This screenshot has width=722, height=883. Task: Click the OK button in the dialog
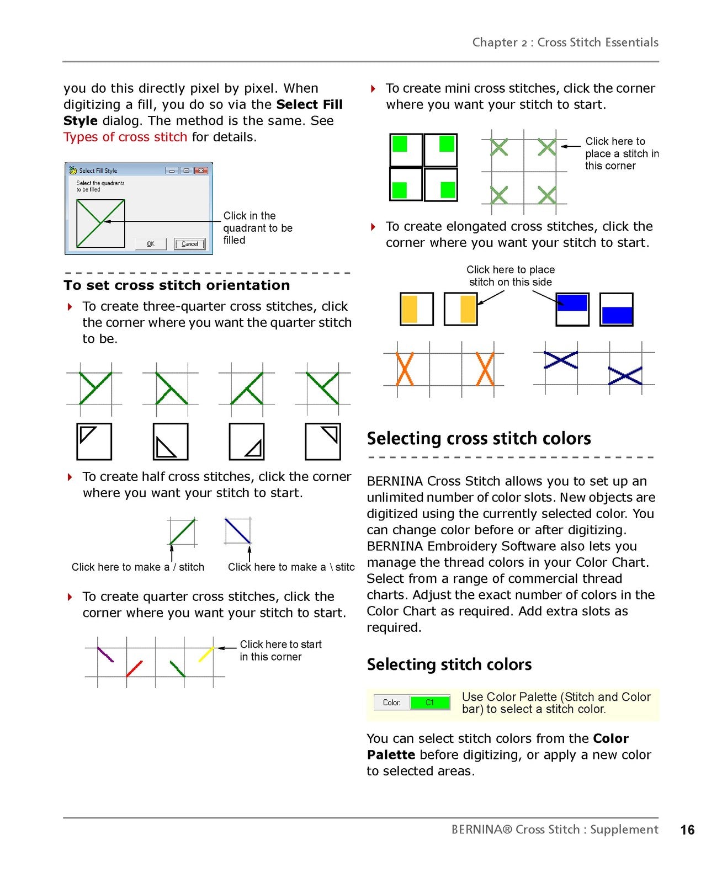[x=150, y=244]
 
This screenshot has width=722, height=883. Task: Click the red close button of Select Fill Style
[x=201, y=171]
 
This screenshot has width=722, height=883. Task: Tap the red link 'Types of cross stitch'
[x=125, y=137]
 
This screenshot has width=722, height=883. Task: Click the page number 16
[x=687, y=829]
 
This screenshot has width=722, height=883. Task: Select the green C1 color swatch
[x=429, y=702]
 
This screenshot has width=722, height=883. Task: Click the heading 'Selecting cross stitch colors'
[x=479, y=438]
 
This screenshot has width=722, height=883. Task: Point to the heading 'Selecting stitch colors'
[x=449, y=664]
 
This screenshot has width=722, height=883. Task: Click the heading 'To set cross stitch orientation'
[x=176, y=285]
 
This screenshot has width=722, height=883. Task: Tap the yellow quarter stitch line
[x=206, y=654]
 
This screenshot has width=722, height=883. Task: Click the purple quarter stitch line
[x=105, y=655]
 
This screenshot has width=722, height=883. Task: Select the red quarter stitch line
[x=134, y=669]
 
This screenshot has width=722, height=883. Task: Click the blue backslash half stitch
[x=237, y=531]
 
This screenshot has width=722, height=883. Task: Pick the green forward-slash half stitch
[x=182, y=531]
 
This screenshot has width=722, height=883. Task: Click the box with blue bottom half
[x=616, y=310]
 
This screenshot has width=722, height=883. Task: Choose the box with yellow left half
[x=417, y=309]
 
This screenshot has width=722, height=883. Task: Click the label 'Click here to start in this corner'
[x=280, y=650]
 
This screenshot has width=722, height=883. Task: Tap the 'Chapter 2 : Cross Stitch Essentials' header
[x=565, y=42]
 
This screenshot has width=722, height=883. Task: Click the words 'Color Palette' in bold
[x=497, y=747]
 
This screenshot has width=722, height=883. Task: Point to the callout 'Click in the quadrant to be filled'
[x=258, y=228]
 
